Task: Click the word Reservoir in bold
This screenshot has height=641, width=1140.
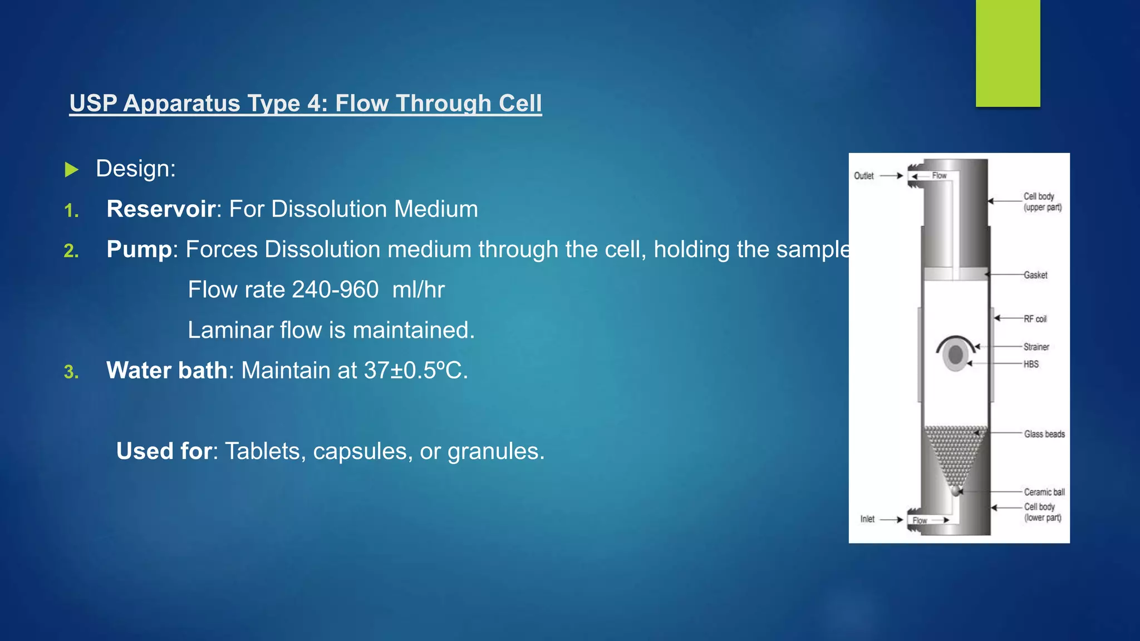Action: coord(161,209)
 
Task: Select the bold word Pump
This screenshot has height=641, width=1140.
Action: coord(139,249)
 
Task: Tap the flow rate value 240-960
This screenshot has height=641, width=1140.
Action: coord(335,290)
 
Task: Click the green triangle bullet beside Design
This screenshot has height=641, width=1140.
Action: coord(71,170)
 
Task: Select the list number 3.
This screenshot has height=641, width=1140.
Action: coord(71,372)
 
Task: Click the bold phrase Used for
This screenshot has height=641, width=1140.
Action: coord(164,451)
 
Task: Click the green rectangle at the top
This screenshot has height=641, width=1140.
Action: coord(1008,53)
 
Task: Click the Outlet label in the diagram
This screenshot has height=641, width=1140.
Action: coord(863,176)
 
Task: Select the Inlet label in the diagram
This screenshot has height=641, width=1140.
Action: coord(867,519)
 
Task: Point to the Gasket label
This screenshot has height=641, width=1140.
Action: coord(1035,275)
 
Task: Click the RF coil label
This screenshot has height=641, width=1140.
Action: coord(1035,319)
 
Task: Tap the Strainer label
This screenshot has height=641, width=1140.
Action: coord(1036,347)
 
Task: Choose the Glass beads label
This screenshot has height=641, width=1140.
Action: coord(1044,434)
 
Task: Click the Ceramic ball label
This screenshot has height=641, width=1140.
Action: coord(1044,492)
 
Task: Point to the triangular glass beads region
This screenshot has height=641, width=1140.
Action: coord(956,451)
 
